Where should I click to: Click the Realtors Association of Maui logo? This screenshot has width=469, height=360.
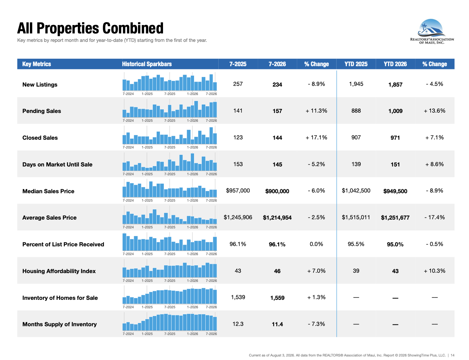(432, 31)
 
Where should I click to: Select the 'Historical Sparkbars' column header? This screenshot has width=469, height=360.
(147, 64)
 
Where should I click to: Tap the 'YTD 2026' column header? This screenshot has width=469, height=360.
(395, 64)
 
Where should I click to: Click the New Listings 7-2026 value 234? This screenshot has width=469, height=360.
(277, 84)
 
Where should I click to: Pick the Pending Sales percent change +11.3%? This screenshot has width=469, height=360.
(317, 110)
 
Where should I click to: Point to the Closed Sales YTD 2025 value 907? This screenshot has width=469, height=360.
(356, 137)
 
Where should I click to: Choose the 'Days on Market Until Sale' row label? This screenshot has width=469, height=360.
(57, 164)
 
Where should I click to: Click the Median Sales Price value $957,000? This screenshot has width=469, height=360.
(238, 191)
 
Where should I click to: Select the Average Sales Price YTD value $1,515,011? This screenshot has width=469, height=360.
(356, 217)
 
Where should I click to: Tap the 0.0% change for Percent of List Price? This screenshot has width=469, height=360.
(317, 244)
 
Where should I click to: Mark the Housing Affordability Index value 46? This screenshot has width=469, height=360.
(277, 271)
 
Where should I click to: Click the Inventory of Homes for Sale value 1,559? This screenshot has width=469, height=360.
(277, 298)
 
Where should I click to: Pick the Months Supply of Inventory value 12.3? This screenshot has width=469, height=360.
(238, 324)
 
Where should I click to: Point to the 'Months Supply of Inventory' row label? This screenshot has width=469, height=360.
(60, 324)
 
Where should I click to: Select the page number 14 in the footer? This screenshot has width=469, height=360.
(452, 355)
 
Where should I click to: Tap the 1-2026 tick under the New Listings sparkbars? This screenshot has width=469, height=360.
(192, 94)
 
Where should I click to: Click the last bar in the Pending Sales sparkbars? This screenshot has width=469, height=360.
(215, 109)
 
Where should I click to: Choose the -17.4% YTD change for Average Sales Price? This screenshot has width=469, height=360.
(434, 217)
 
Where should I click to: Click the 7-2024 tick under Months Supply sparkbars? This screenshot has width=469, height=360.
(128, 334)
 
